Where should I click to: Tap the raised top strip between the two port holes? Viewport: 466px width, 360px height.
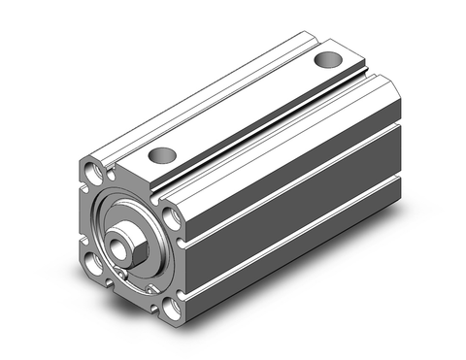(x=243, y=111)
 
